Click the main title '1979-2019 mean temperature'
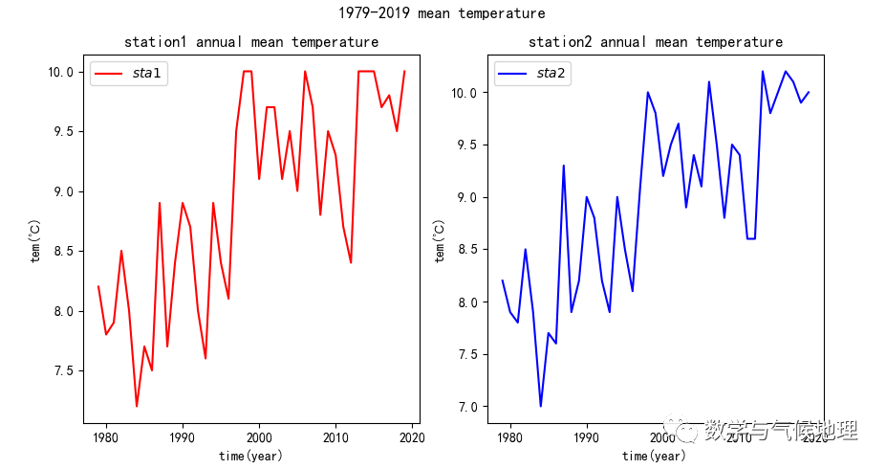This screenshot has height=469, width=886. click(x=442, y=13)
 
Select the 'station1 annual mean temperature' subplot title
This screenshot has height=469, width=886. click(x=251, y=42)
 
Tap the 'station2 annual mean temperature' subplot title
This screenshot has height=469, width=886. click(x=656, y=42)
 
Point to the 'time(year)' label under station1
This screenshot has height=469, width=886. click(x=250, y=456)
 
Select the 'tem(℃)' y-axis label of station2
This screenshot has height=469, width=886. click(x=440, y=241)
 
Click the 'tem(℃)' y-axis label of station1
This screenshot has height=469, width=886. click(x=35, y=241)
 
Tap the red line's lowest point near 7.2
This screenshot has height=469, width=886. click(x=137, y=407)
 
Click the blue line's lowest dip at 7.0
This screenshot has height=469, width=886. click(x=541, y=407)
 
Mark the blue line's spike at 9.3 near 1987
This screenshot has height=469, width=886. click(x=564, y=166)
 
